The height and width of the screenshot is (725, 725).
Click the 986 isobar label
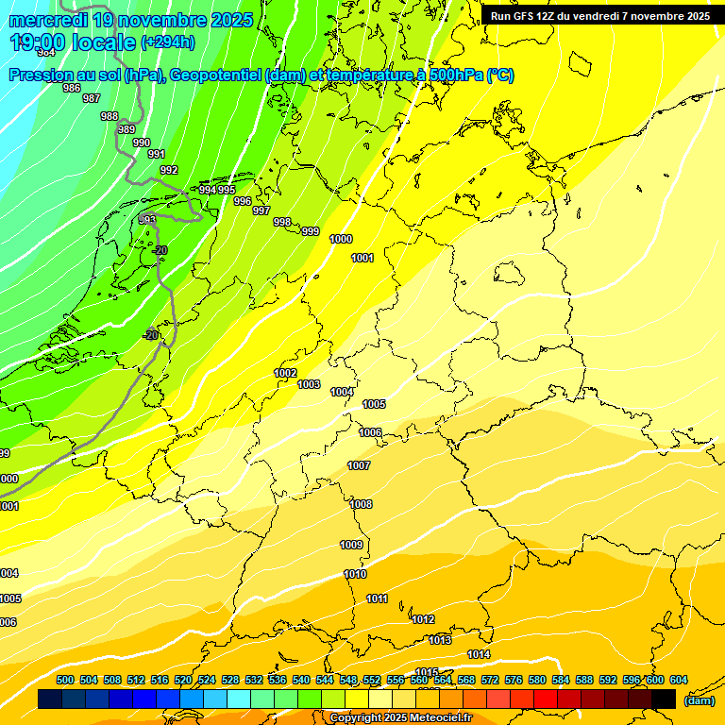click(72, 88)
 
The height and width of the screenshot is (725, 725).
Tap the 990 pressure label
click(142, 143)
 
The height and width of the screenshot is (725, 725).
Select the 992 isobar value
click(169, 170)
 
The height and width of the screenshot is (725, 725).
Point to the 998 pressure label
click(282, 222)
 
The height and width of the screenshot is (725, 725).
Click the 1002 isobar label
click(285, 373)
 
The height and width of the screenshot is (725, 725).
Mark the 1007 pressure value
click(359, 465)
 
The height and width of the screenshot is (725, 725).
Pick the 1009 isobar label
click(351, 545)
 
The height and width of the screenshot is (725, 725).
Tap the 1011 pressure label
click(377, 599)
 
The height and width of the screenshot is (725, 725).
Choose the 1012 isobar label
click(423, 619)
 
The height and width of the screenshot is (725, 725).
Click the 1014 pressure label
click(479, 654)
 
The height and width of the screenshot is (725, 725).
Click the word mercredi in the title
click(46, 20)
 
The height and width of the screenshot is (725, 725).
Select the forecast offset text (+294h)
click(168, 42)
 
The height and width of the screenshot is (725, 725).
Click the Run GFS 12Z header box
click(600, 16)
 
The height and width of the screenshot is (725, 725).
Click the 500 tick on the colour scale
click(65, 680)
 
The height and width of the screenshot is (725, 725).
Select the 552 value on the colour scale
click(372, 680)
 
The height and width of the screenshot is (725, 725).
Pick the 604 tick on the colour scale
click(678, 680)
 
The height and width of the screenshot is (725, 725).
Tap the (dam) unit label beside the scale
click(699, 700)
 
